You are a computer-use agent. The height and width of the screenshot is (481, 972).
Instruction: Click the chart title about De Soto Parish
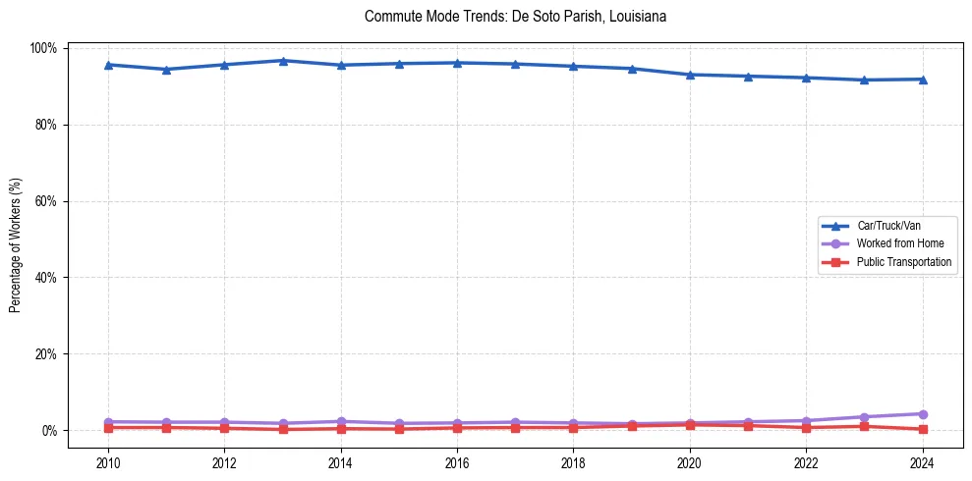515,17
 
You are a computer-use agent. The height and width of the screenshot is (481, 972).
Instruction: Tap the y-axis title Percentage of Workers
16,239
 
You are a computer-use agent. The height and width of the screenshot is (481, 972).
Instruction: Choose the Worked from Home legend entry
893,243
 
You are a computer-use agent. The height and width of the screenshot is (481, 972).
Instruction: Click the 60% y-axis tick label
46,201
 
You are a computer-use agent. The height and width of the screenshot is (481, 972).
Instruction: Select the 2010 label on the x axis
108,462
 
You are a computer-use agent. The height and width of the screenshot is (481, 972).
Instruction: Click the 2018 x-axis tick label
573,462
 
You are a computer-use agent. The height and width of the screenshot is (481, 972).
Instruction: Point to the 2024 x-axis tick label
922,462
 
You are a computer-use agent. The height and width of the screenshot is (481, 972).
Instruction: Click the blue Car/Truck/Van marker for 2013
282,61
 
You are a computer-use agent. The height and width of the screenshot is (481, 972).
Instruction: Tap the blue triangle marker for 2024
922,79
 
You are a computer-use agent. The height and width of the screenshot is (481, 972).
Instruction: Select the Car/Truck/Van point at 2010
108,65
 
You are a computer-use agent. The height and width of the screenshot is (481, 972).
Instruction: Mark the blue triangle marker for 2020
690,75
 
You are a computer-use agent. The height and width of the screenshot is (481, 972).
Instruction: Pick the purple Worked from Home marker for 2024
922,414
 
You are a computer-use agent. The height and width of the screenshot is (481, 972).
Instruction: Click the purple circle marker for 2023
864,417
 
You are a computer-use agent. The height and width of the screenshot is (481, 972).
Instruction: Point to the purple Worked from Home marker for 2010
108,422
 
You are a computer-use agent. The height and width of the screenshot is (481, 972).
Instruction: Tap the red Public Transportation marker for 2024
922,429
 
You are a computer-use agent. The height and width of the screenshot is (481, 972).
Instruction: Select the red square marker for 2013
282,429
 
